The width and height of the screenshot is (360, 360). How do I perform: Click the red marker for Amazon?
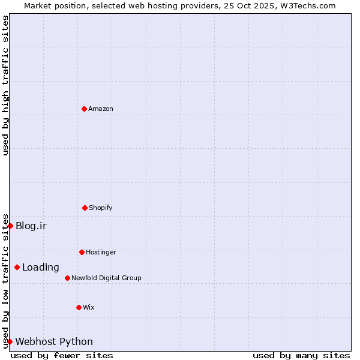click(x=84, y=109)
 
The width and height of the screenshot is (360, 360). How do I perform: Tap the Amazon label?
click(x=101, y=109)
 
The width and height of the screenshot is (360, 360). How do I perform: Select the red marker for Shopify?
click(x=85, y=208)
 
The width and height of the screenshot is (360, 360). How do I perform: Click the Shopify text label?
click(x=101, y=208)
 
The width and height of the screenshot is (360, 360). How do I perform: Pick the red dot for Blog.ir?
click(x=10, y=226)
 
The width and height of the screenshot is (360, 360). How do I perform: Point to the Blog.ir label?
click(x=31, y=226)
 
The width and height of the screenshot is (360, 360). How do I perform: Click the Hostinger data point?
click(x=82, y=252)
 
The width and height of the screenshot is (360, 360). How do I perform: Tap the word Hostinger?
click(x=101, y=253)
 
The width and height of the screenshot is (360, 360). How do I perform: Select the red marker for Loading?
click(x=17, y=267)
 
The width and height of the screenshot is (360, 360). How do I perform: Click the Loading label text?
click(x=41, y=268)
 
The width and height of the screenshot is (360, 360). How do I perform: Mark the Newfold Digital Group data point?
click(x=67, y=278)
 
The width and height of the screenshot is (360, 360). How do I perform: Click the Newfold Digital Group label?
click(x=106, y=278)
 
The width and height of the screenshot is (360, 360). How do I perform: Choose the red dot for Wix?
click(x=79, y=307)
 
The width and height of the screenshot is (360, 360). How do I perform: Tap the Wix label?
click(x=89, y=308)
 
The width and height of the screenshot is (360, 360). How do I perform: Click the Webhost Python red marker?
click(x=10, y=341)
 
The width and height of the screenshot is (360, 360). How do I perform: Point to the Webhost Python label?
click(x=54, y=342)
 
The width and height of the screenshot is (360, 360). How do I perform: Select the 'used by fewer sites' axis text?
click(x=62, y=355)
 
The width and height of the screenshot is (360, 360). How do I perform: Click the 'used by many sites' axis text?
click(x=301, y=355)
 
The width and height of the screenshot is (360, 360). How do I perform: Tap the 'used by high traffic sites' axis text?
click(x=5, y=85)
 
